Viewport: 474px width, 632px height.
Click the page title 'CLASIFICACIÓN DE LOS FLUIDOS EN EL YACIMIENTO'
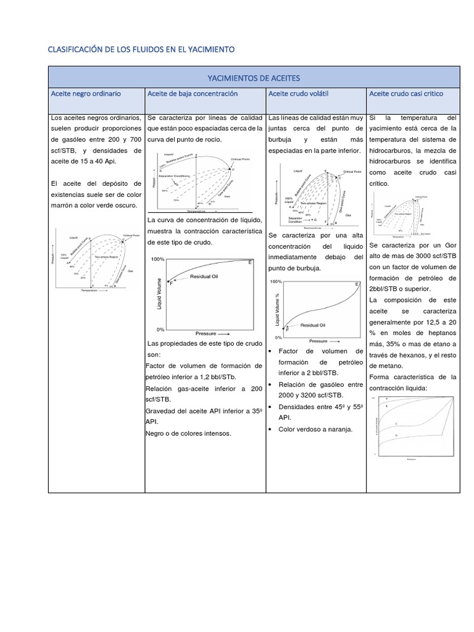[x=141, y=49]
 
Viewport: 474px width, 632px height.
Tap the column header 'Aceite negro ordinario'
[x=86, y=93]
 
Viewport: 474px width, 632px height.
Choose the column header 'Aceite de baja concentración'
[x=193, y=93]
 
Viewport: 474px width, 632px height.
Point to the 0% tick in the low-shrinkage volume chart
[x=160, y=329]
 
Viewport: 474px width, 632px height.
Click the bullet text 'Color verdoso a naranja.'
[x=315, y=429]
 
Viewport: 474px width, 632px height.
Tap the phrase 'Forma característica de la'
[x=412, y=377]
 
